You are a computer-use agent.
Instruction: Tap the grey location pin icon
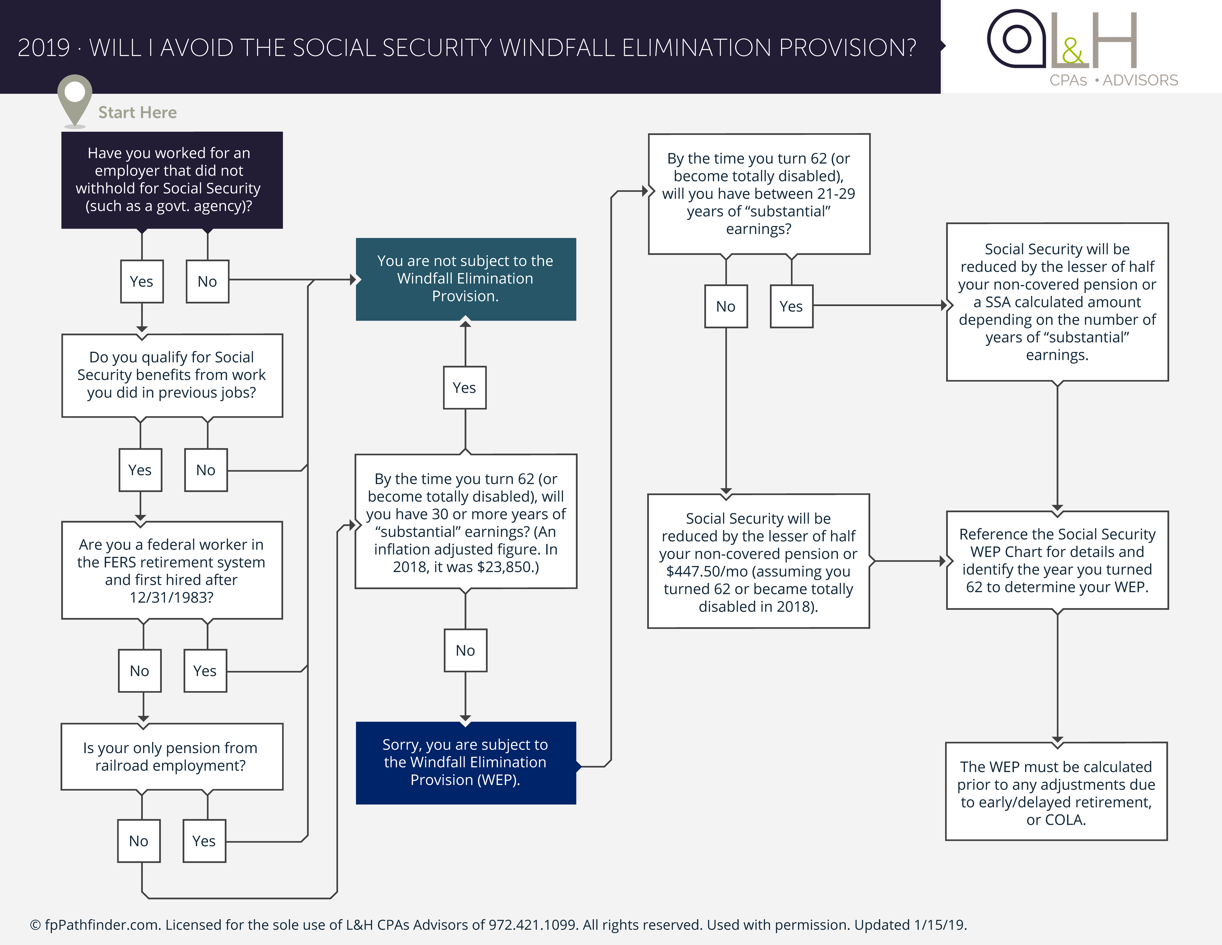pos(74,98)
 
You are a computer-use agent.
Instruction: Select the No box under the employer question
pos(207,281)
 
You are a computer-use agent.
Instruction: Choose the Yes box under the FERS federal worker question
pos(205,671)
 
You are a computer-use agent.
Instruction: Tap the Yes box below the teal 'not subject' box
pos(464,388)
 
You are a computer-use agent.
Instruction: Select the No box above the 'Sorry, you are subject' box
pos(465,650)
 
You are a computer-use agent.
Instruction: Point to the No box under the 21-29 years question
pos(726,307)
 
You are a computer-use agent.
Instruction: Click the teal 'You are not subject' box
pos(466,279)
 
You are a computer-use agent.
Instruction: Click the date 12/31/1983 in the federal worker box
pos(171,598)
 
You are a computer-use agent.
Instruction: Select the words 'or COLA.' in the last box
pos(1056,820)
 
